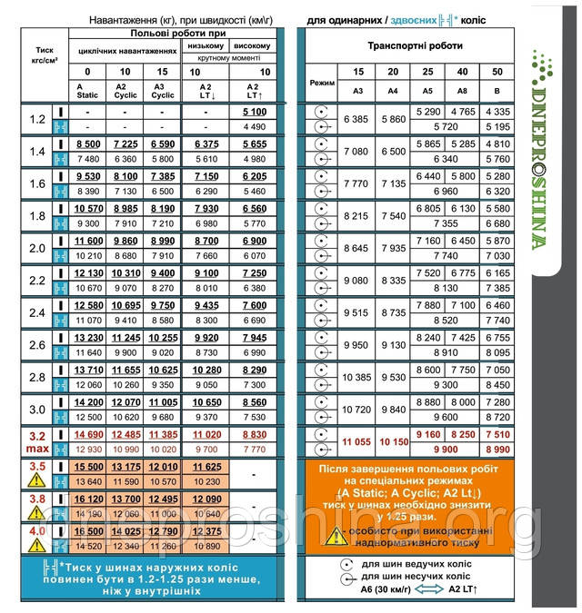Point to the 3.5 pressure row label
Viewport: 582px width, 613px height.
pyautogui.click(x=37, y=467)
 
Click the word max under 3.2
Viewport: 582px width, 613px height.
pyautogui.click(x=37, y=450)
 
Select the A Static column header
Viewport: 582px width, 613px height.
pyautogui.click(x=87, y=90)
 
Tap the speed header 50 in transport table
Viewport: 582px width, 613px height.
pyautogui.click(x=497, y=71)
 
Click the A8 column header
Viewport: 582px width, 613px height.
pyautogui.click(x=464, y=90)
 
